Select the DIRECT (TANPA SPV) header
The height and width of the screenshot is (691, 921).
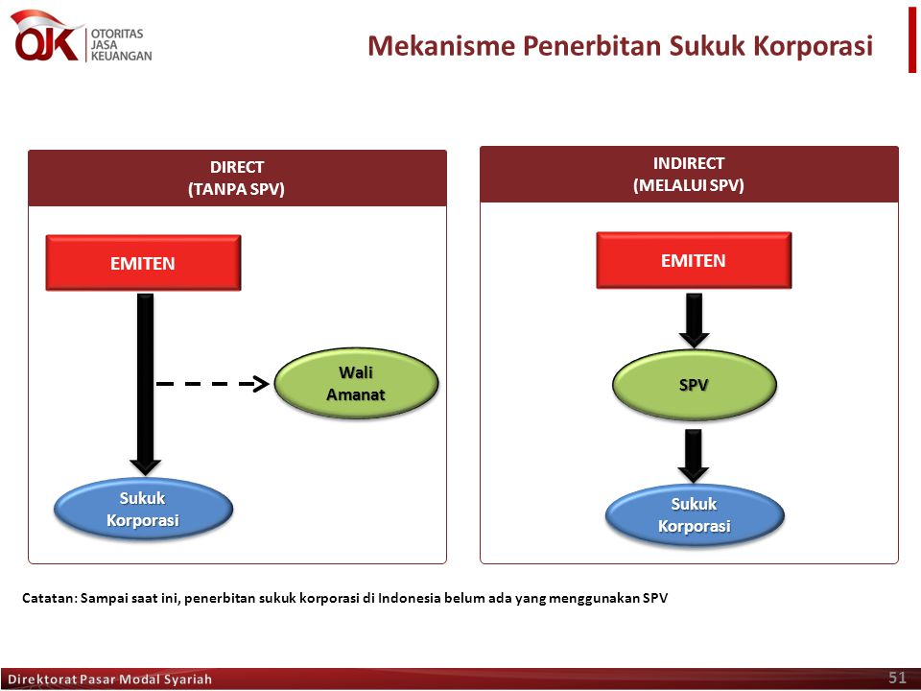[237, 179]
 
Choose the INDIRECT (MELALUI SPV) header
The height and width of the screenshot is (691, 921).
[689, 175]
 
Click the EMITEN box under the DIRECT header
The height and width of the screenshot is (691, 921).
[143, 263]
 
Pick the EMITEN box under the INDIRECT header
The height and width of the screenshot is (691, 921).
[694, 260]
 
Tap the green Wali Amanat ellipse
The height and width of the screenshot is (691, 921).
[356, 383]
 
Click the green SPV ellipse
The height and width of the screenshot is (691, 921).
[695, 385]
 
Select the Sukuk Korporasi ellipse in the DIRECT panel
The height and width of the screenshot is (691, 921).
[143, 509]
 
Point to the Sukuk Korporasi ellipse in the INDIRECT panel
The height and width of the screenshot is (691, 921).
[695, 514]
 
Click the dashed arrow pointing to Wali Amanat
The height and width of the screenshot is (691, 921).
[213, 384]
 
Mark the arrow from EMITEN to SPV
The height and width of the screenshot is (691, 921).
[694, 321]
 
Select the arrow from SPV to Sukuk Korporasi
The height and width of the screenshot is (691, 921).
[693, 456]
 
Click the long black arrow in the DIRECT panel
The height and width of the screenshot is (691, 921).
[145, 384]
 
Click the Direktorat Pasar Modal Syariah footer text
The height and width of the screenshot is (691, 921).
[109, 679]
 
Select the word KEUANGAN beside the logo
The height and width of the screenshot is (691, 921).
[122, 56]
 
